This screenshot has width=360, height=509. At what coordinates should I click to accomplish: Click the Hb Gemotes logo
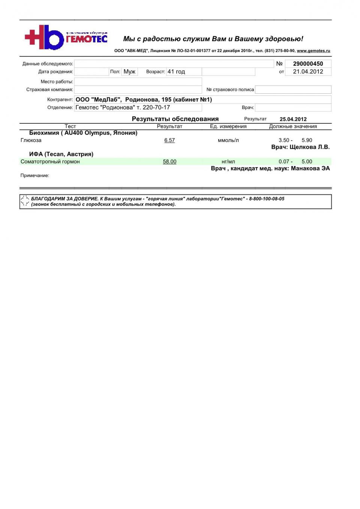(x=66, y=37)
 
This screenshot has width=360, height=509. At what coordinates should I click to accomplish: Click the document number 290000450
(x=308, y=64)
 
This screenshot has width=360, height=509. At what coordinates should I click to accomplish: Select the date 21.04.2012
(x=308, y=72)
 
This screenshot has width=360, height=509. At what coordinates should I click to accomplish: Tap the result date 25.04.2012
(x=293, y=119)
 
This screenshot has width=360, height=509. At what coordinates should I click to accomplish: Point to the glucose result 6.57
(x=169, y=140)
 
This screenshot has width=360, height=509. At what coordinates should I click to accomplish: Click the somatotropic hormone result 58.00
(x=169, y=162)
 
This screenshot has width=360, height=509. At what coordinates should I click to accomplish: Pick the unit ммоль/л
(x=228, y=140)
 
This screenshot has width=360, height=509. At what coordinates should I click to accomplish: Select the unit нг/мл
(x=228, y=162)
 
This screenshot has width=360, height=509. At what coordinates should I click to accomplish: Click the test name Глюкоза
(x=31, y=140)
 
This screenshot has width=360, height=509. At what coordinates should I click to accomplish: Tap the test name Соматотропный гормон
(x=50, y=162)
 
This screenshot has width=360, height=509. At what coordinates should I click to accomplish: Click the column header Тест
(x=70, y=126)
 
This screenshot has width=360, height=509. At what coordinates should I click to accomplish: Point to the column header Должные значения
(x=293, y=126)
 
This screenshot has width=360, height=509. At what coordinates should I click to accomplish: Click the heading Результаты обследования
(x=175, y=119)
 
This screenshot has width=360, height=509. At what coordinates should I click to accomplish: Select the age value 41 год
(x=176, y=72)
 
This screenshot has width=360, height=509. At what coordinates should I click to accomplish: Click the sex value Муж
(x=129, y=72)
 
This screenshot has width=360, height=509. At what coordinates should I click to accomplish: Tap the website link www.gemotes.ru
(x=313, y=51)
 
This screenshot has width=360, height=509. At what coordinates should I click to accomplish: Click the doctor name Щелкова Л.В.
(x=310, y=147)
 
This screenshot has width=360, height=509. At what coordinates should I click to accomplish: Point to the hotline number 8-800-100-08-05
(x=267, y=199)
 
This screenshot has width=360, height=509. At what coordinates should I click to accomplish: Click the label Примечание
(x=35, y=175)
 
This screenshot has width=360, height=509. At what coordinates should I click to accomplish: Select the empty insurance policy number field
(x=293, y=90)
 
